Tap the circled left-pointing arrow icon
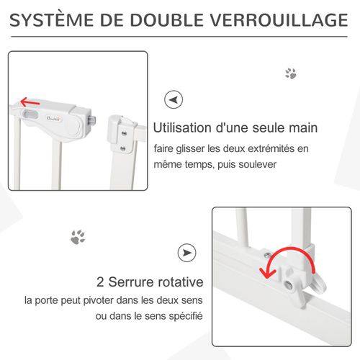pyautogui.click(x=173, y=99)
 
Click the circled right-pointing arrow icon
pyautogui.click(x=186, y=253)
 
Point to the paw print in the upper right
pyautogui.click(x=291, y=73)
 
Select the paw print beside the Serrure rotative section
pyautogui.click(x=77, y=235)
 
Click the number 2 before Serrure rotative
pyautogui.click(x=101, y=282)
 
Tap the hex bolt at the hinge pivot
pyautogui.click(x=288, y=286)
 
